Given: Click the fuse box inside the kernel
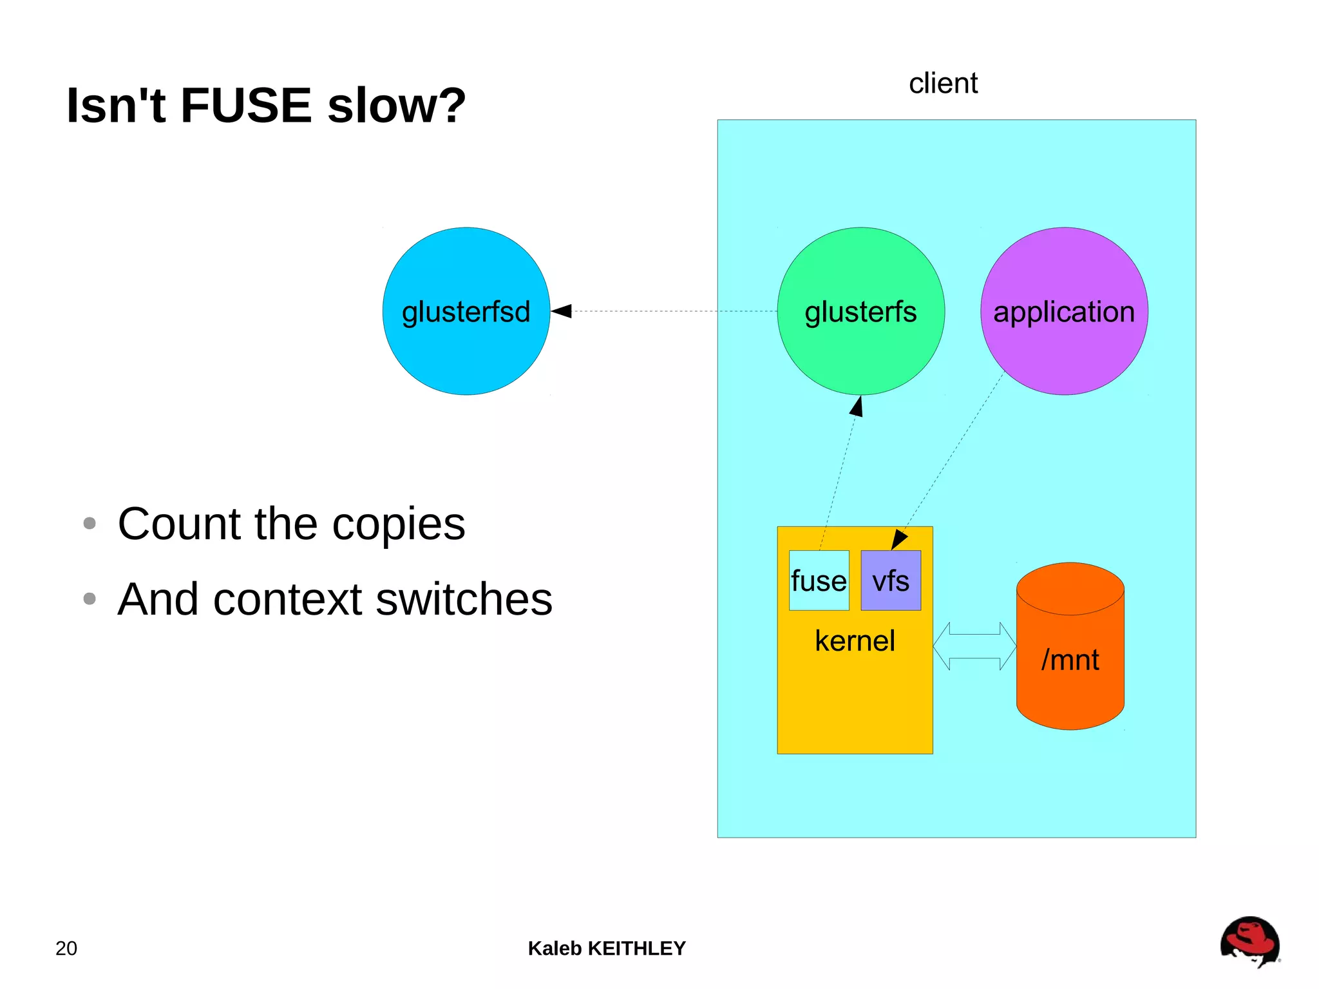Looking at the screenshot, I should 819,581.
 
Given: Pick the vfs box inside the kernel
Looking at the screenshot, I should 891,581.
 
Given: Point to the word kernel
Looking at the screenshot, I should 855,641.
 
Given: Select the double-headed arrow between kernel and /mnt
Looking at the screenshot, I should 974,646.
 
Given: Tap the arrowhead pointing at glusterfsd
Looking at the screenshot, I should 562,311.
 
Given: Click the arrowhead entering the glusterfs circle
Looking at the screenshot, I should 857,407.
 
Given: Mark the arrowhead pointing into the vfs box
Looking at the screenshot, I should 898,539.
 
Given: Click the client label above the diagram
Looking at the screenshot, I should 943,84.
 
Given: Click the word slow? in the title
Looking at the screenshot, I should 396,105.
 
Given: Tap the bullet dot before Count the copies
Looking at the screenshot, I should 90,523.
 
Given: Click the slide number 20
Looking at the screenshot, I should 66,948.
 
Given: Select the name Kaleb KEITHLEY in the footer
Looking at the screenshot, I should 607,948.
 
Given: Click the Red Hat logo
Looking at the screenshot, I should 1249,941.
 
